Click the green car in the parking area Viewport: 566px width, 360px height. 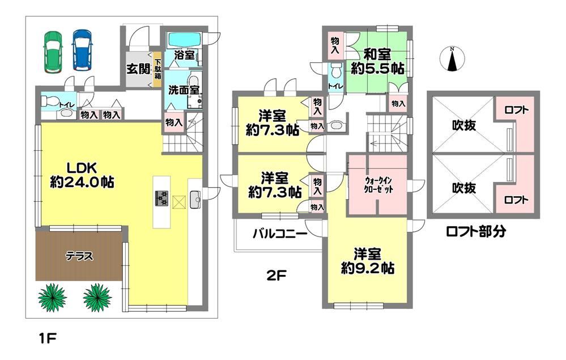(53, 51)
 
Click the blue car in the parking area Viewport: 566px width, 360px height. (82, 50)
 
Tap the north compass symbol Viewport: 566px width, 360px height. (452, 59)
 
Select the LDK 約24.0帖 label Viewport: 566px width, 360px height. (82, 176)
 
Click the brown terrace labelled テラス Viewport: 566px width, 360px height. (79, 256)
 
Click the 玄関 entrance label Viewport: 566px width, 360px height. (138, 69)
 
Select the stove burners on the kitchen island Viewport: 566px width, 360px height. (161, 198)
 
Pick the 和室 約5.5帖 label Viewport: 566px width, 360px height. (377, 62)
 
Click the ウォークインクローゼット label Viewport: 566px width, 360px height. (378, 185)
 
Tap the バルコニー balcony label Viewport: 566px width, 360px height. (280, 234)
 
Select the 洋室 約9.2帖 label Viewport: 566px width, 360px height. (368, 261)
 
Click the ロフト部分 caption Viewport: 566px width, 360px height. (476, 231)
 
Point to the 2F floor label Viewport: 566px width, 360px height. (276, 276)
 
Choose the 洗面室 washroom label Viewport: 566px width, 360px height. (184, 90)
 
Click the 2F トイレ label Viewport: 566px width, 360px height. (336, 86)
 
